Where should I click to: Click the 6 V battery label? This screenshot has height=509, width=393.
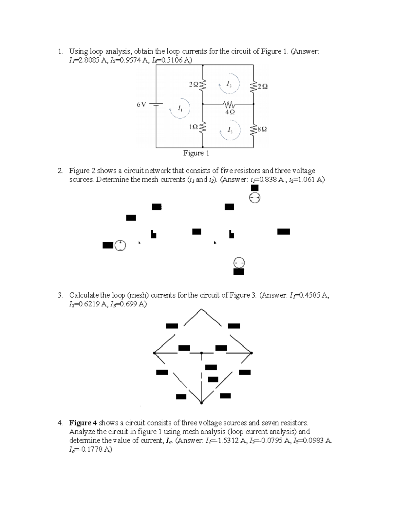pyautogui.click(x=141, y=105)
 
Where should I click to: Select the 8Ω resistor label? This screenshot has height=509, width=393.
pyautogui.click(x=262, y=129)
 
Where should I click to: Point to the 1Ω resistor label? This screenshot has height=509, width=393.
pyautogui.click(x=194, y=127)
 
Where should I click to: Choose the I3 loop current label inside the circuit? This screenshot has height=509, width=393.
pyautogui.click(x=230, y=130)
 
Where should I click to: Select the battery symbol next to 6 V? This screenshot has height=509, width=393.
pyautogui.click(x=157, y=104)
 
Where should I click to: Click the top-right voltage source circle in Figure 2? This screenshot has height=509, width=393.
pyautogui.click(x=255, y=198)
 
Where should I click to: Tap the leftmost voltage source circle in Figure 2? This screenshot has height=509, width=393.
pyautogui.click(x=121, y=245)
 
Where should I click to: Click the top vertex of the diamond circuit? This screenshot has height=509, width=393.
pyautogui.click(x=201, y=309)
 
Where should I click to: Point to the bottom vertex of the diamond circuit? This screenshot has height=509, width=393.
pyautogui.click(x=201, y=403)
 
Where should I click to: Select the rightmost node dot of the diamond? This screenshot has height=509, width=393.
pyautogui.click(x=251, y=353)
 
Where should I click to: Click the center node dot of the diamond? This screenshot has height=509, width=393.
pyautogui.click(x=201, y=353)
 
